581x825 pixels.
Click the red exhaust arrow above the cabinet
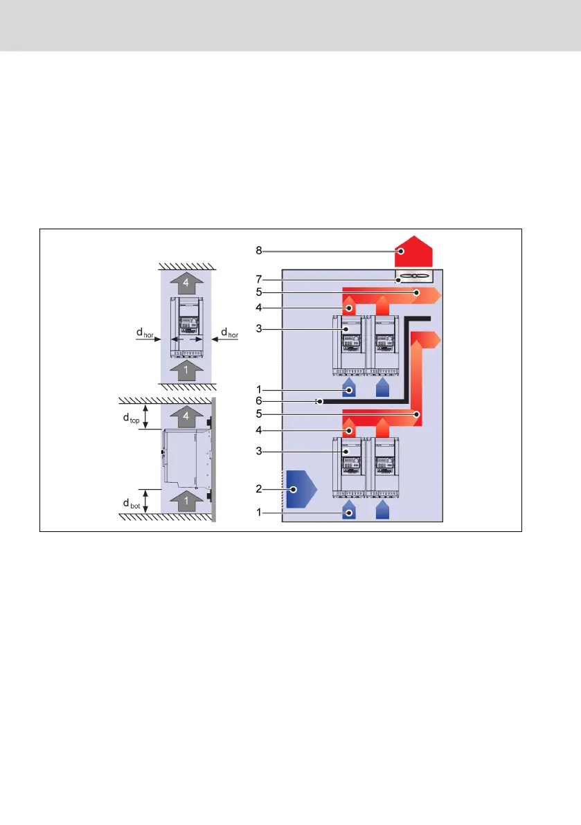413,254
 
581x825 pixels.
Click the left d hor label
145,334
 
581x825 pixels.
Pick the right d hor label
229,334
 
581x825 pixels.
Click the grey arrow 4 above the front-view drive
186,283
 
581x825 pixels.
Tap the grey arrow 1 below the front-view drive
186,370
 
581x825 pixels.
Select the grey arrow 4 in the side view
186,417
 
